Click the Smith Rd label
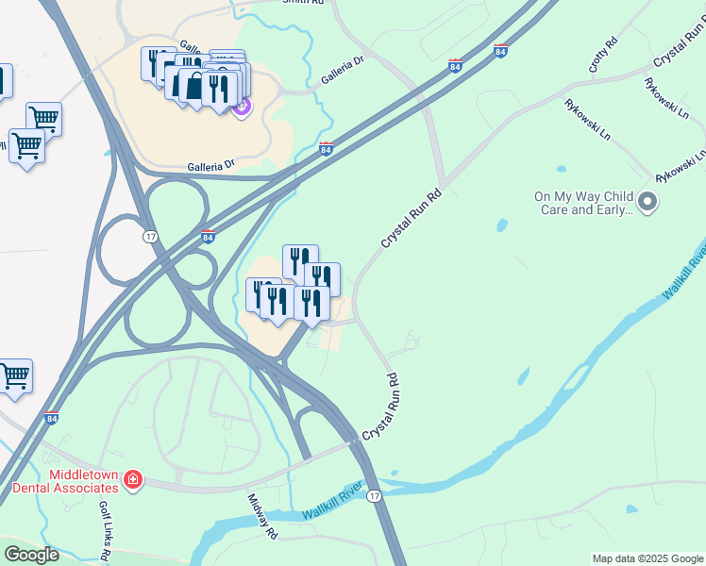coord(303,3)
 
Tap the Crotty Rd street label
coord(602,56)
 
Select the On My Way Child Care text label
coord(581,203)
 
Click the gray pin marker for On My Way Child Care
coord(647,201)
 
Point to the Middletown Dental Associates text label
coord(65,481)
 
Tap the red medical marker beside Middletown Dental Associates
coord(133,481)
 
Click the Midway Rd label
coord(261,516)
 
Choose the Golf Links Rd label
coord(106,531)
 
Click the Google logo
coord(31,555)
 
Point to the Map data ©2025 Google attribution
coord(647,558)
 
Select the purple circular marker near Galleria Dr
coord(241,108)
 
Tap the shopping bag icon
coord(193,86)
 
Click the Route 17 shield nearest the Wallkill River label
coord(375,496)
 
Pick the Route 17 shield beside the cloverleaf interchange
coord(150,236)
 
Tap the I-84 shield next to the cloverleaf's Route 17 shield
coord(208,236)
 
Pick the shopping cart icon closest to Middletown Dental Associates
coord(14,376)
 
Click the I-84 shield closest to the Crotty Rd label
coord(499,51)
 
